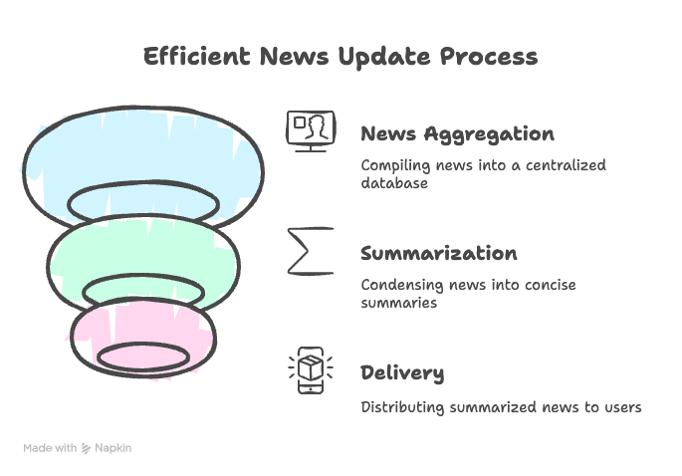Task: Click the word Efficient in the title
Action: click(196, 56)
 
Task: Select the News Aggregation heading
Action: click(457, 134)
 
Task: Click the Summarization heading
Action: click(438, 254)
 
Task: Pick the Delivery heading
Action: click(401, 373)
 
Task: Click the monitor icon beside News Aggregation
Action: click(311, 130)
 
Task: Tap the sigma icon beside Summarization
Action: click(311, 251)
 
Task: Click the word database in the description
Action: click(394, 183)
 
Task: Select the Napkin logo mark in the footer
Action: click(87, 448)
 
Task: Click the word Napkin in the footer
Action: click(113, 448)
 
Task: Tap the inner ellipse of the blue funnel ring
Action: click(143, 202)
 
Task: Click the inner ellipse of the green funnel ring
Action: click(143, 290)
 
